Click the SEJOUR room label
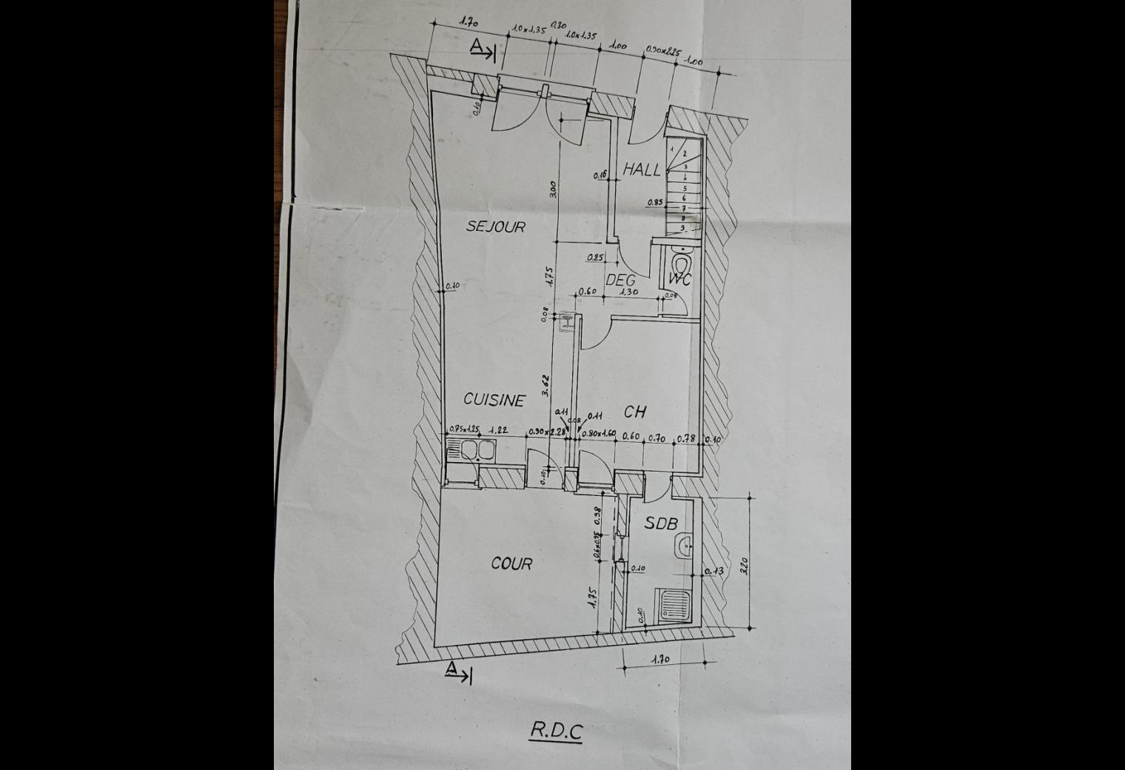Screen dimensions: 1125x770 (495, 226)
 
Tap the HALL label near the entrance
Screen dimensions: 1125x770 (641, 170)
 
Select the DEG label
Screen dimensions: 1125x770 (620, 281)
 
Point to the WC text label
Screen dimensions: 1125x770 (679, 279)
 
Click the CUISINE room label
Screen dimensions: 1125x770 (494, 400)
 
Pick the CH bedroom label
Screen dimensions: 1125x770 (635, 412)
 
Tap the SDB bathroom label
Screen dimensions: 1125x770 (660, 523)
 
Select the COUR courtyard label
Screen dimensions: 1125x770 (511, 563)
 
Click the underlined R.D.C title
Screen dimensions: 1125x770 (556, 731)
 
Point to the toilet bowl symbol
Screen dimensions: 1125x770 (681, 263)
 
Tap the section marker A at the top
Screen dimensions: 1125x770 (481, 48)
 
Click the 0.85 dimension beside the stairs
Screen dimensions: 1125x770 (654, 202)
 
